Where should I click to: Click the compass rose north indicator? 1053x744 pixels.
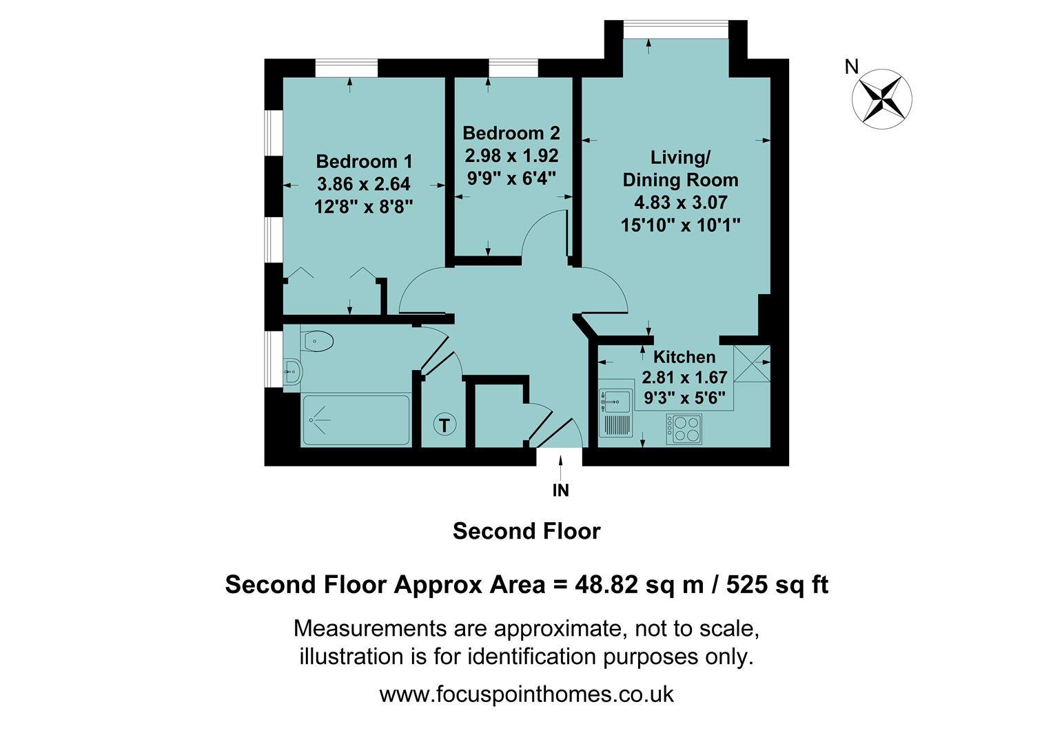click(882, 98)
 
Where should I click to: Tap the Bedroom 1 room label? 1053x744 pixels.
click(364, 161)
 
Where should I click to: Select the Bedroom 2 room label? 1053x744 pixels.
click(511, 133)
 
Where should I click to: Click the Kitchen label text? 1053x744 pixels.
click(684, 357)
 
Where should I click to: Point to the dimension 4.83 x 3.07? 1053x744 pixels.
click(680, 203)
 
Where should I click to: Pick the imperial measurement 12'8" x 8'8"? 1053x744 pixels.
click(363, 207)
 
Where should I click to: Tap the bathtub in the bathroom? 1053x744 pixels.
click(356, 420)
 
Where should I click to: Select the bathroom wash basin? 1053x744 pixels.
click(293, 372)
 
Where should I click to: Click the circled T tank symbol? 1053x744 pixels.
click(444, 425)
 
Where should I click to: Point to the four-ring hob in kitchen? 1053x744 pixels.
click(684, 428)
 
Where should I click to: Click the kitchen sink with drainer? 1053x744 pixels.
click(616, 413)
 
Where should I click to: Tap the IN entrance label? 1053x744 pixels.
click(561, 490)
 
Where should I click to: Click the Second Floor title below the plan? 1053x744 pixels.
click(526, 531)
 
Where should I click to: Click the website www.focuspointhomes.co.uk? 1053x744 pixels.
click(526, 694)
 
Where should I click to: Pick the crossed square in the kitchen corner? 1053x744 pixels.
click(751, 362)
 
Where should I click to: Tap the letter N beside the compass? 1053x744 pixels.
click(852, 67)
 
